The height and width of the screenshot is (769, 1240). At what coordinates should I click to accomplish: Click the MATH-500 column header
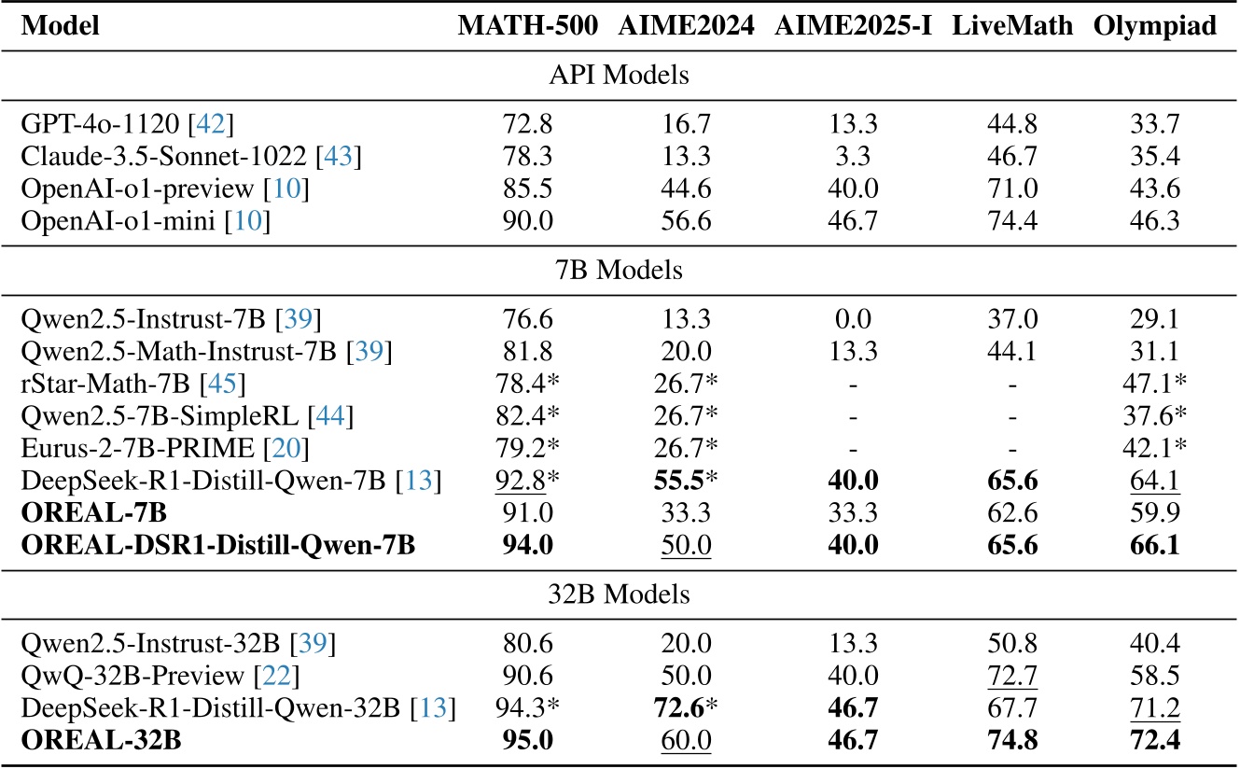coord(527,27)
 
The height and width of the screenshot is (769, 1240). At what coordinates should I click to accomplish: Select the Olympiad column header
coord(1155,27)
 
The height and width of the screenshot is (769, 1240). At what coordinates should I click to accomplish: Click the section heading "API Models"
coord(619,76)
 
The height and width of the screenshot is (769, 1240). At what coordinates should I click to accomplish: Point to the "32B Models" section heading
coord(619,594)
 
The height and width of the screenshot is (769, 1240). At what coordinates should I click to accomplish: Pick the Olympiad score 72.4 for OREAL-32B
coord(1155,741)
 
